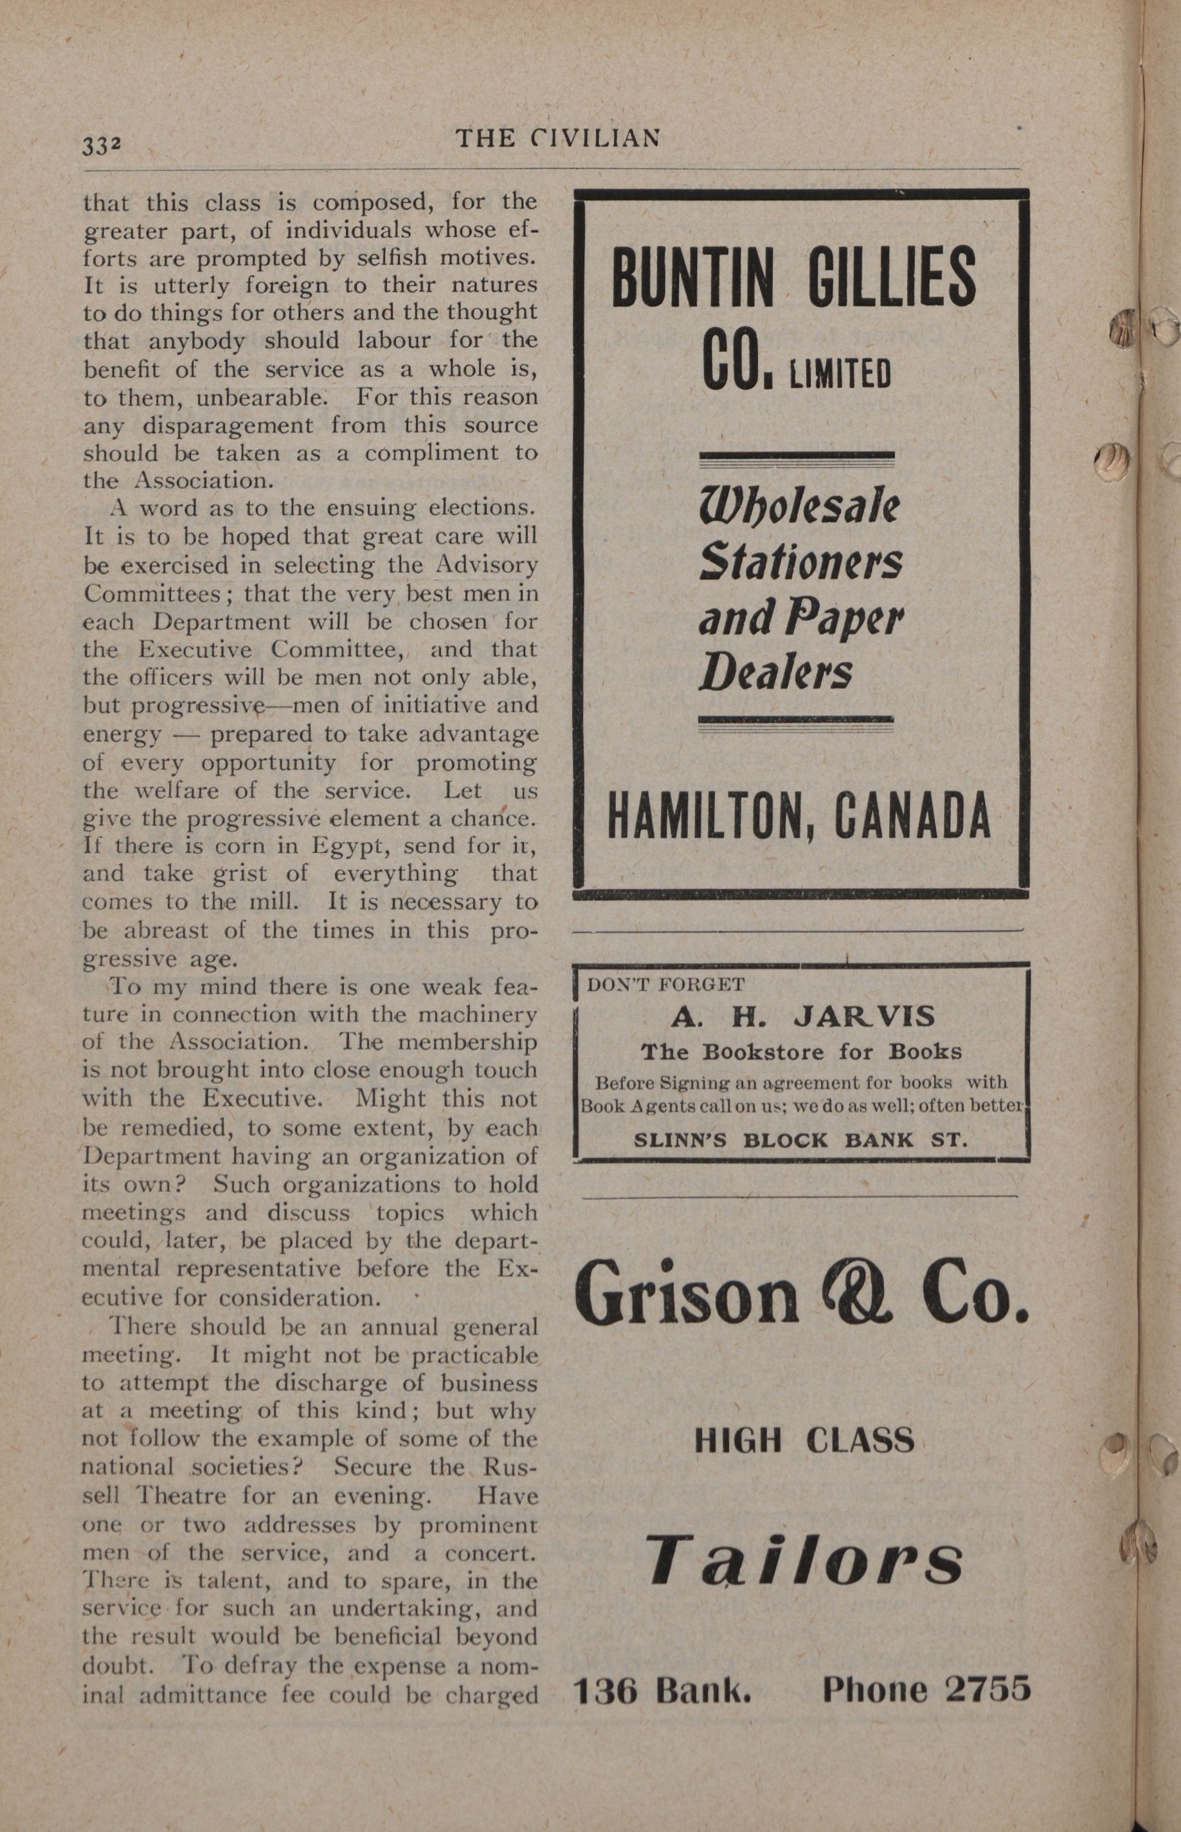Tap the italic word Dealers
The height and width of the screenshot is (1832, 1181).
[x=775, y=672]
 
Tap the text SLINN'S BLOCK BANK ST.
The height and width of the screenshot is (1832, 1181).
[x=800, y=1140]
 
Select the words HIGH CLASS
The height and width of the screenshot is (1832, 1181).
[x=804, y=1441]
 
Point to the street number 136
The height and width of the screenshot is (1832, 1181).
[x=606, y=1690]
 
